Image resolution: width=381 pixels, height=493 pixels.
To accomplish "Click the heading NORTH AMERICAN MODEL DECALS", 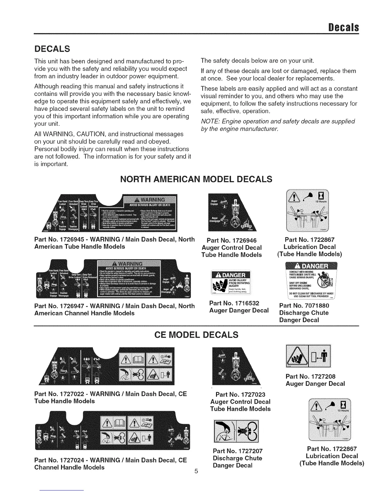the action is coord(196,179).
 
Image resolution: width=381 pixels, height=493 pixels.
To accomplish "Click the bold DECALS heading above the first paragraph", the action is coord(52,49).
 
